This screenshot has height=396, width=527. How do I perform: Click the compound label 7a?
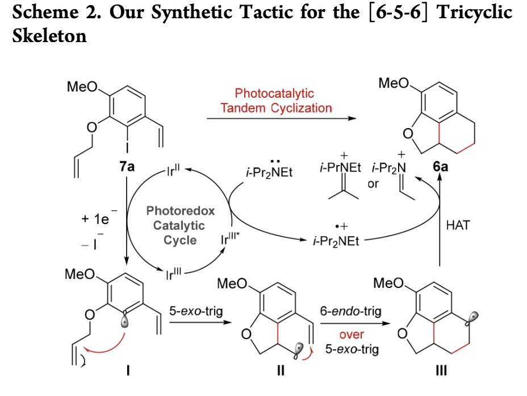127,166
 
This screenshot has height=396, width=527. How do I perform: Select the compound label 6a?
440,166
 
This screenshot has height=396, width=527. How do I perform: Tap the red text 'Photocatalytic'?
274,93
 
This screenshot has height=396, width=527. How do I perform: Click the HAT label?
458,225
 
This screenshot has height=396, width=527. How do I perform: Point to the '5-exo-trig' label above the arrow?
196,311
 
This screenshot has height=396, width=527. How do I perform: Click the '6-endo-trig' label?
350,311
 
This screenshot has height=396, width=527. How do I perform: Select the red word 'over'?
352,335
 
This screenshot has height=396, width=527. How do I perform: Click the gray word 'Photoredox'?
181,211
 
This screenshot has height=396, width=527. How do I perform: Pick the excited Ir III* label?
230,238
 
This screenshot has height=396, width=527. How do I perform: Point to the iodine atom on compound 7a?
127,147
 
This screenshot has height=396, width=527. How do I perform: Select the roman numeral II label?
281,371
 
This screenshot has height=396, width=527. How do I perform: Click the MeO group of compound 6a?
394,83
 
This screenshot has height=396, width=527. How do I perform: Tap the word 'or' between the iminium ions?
373,184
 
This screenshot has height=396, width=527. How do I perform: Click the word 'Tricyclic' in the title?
474,12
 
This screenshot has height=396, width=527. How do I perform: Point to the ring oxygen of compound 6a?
408,134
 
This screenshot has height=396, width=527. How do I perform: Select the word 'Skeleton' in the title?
49,36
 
